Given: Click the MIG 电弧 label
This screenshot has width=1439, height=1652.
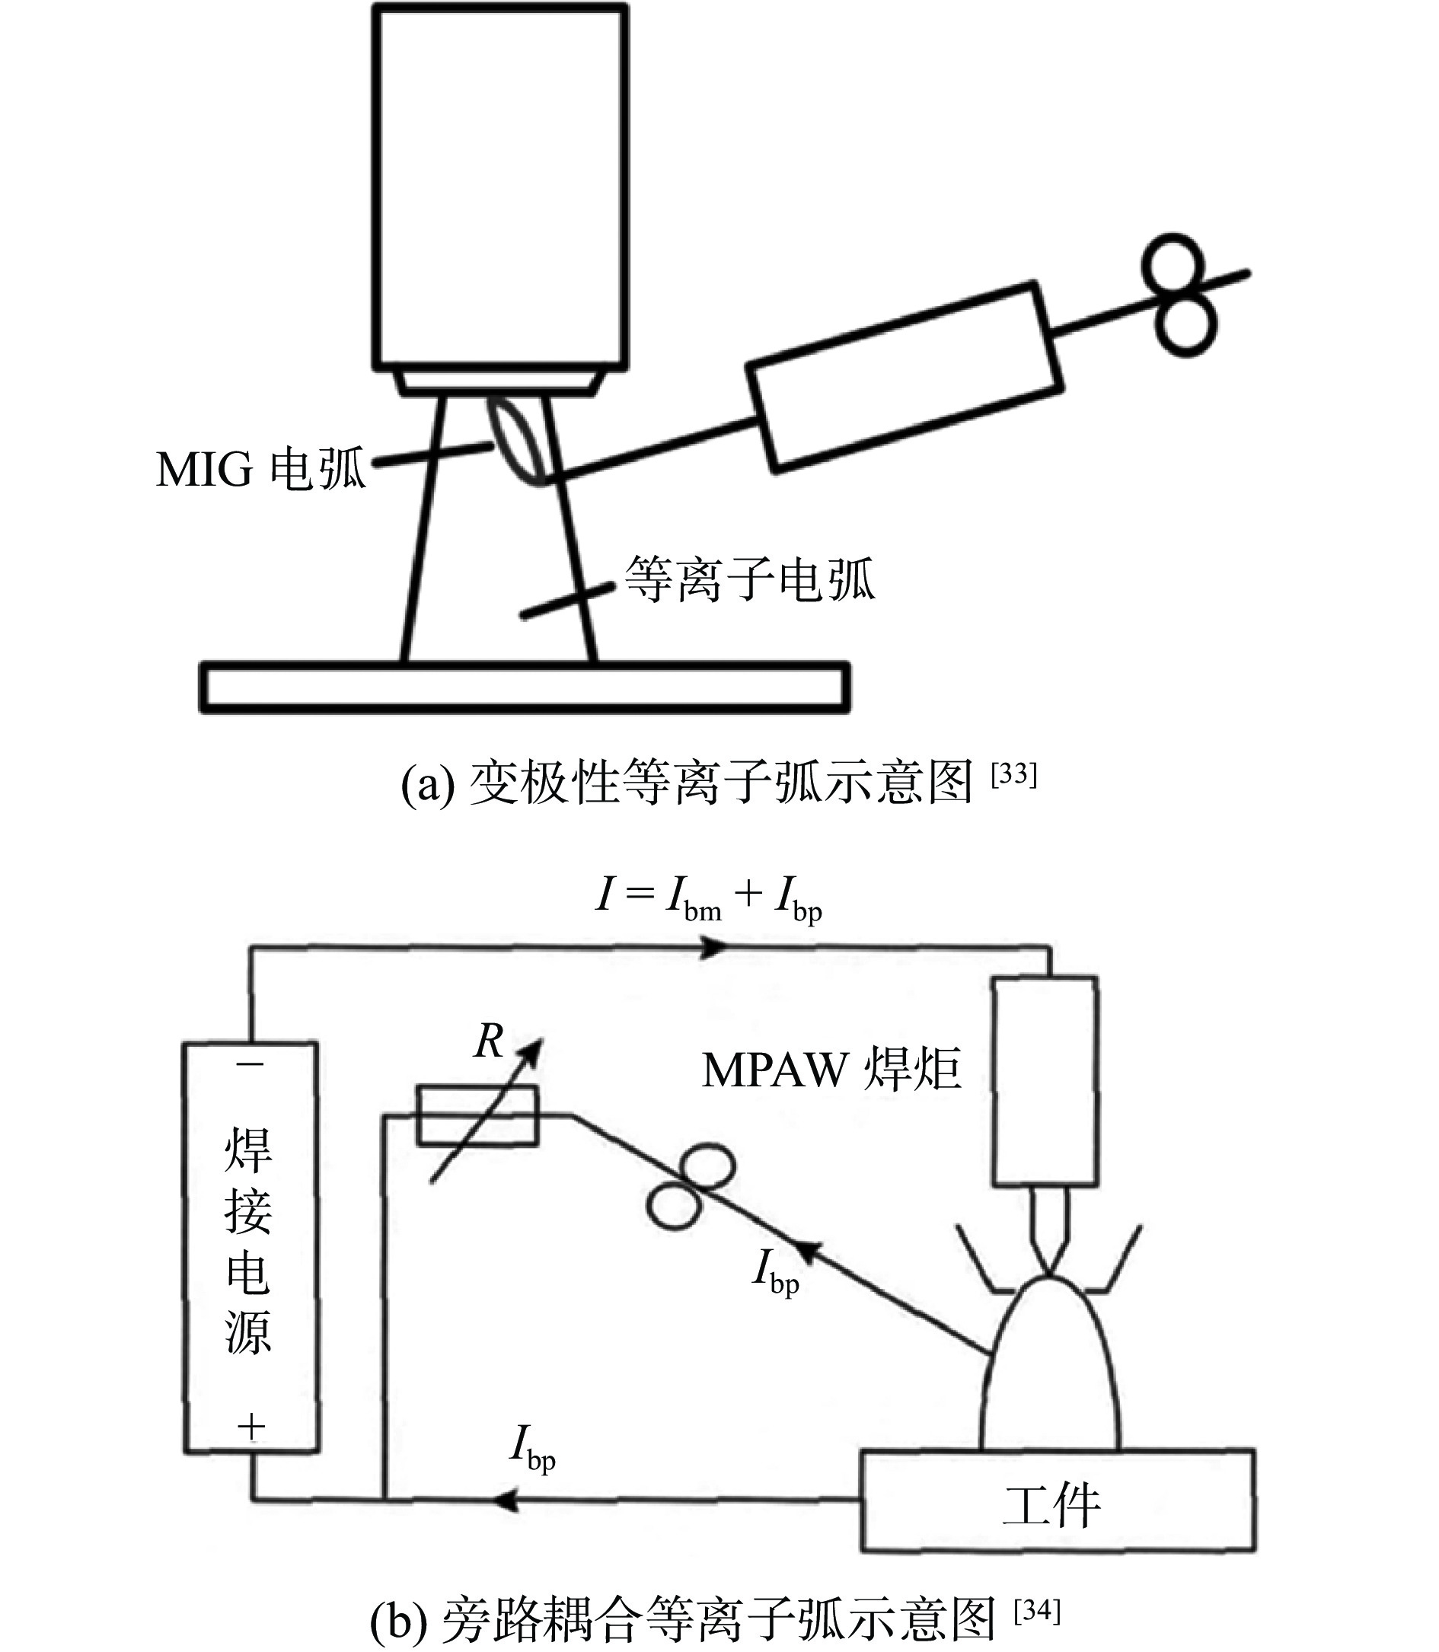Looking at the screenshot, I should pos(261,470).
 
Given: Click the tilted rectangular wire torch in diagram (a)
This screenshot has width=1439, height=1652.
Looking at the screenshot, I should pos(905,378).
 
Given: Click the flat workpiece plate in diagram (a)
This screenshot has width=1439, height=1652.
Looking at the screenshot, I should pos(525,688).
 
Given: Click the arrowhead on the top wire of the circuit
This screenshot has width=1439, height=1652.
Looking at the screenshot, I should pos(713,948).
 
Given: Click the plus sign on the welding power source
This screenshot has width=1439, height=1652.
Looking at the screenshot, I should pos(251,1427).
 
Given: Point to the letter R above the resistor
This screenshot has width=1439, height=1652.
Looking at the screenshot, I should pos(489,1043).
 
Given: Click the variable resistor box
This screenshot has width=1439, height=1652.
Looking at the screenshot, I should pos(477,1115).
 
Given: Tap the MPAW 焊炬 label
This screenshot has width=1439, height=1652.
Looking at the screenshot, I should pos(831,1071).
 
